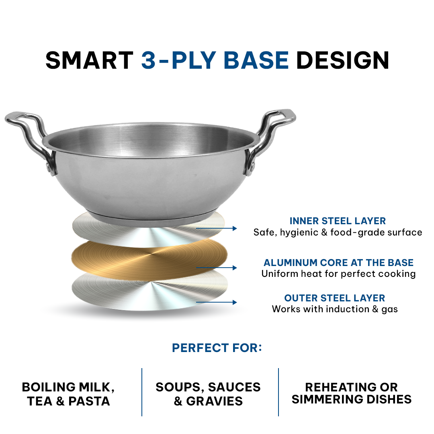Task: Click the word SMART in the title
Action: tap(89, 60)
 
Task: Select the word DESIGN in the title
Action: tap(342, 60)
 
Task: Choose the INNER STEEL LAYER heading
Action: tap(338, 221)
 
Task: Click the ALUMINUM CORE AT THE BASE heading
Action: tap(338, 263)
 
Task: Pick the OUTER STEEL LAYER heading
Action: tap(335, 298)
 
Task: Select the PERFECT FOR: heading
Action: tap(217, 348)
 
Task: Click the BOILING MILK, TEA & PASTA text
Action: tap(68, 394)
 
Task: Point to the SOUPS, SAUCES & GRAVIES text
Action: tap(208, 394)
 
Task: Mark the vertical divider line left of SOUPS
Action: tap(142, 392)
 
